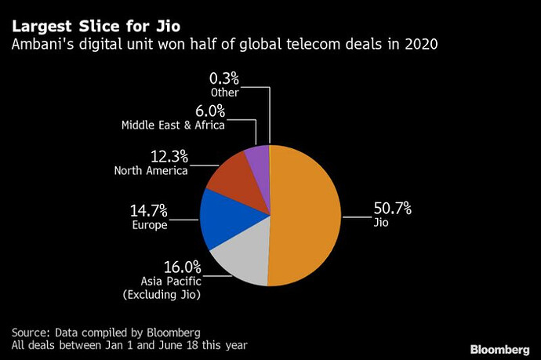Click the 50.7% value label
click(391, 209)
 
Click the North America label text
click(151, 170)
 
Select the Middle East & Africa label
click(172, 125)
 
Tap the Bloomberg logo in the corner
click(499, 347)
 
